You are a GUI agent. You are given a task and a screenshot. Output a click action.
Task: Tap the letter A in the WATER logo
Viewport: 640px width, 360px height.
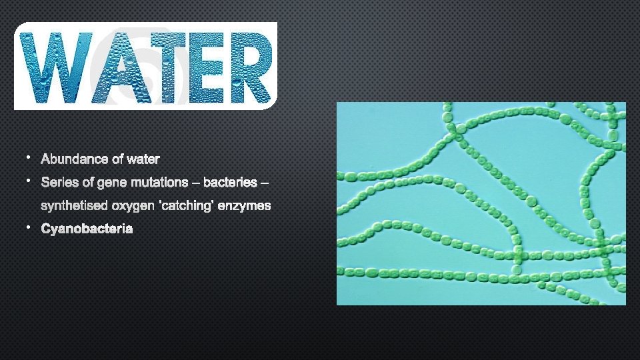point(120,67)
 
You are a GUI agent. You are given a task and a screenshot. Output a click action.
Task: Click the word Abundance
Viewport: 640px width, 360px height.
point(71,159)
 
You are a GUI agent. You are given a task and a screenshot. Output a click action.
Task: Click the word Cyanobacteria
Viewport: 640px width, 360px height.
point(87,229)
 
